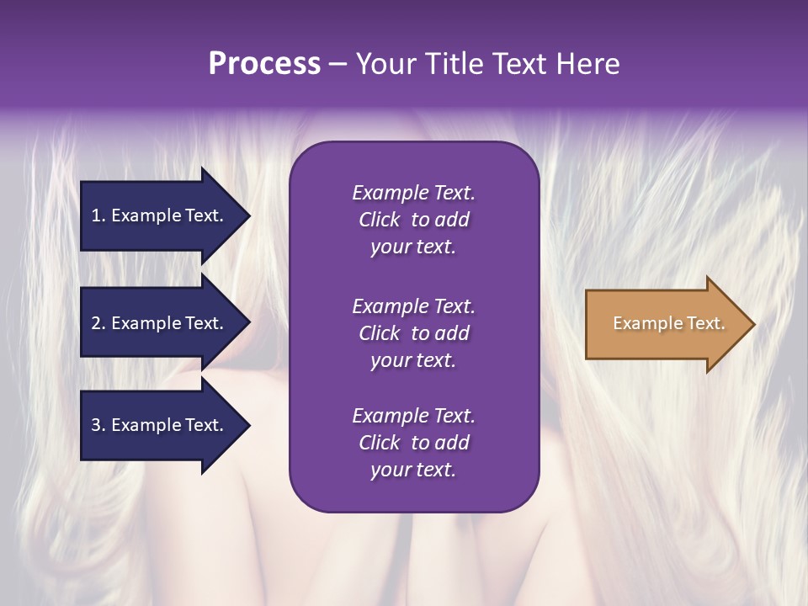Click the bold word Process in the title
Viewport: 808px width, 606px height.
coord(264,64)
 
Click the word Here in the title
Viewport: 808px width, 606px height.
coord(585,64)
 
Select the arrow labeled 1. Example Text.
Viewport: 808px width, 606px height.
coord(160,215)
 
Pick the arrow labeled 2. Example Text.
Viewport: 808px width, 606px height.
coord(160,323)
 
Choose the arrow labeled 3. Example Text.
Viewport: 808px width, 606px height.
coord(160,425)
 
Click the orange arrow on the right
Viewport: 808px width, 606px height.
coord(665,323)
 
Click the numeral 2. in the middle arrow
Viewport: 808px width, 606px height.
coord(98,323)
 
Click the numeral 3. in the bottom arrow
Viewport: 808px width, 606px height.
coord(98,425)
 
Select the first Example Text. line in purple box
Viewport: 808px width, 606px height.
coord(413,193)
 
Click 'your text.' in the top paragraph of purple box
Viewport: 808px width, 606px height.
coord(413,247)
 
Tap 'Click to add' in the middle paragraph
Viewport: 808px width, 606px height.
coord(413,333)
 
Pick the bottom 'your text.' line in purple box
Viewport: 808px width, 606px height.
coord(413,470)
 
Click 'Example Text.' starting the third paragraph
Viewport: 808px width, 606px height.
coord(413,416)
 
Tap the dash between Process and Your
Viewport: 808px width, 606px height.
coord(338,64)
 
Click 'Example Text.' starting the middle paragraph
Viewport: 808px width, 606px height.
coord(413,306)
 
